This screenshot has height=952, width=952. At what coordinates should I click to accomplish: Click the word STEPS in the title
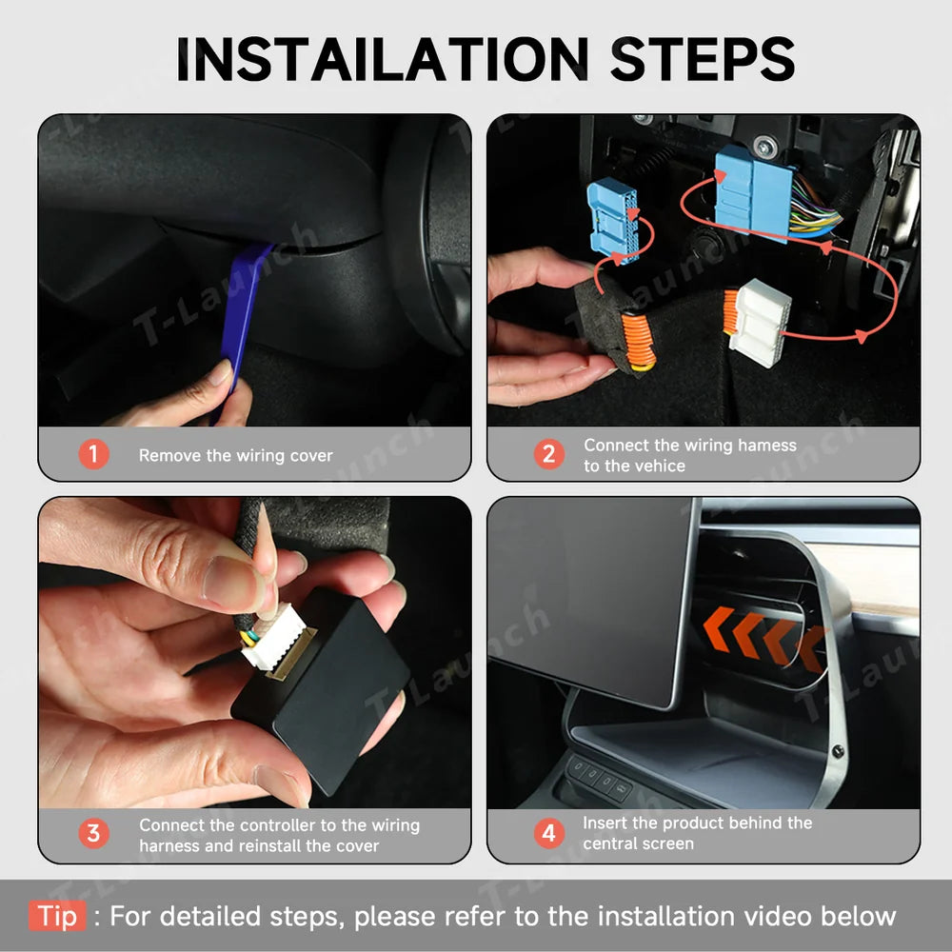703,58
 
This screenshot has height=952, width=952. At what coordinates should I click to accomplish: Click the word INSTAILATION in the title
383,58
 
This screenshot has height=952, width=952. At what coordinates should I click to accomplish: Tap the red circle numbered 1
93,454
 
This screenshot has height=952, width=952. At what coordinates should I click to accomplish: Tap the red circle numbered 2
549,454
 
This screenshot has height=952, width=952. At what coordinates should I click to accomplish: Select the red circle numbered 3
93,834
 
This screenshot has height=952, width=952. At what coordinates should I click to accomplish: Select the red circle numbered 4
549,834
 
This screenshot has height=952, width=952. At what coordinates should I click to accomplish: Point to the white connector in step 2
760,323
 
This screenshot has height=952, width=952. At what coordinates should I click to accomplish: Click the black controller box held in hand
322,692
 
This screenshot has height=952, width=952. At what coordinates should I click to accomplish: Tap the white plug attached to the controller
274,638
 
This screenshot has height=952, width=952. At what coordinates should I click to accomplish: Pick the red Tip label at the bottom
58,916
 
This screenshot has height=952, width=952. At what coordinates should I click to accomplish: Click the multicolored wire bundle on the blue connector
815,206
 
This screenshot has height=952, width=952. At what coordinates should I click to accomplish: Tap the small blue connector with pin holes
613,221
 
